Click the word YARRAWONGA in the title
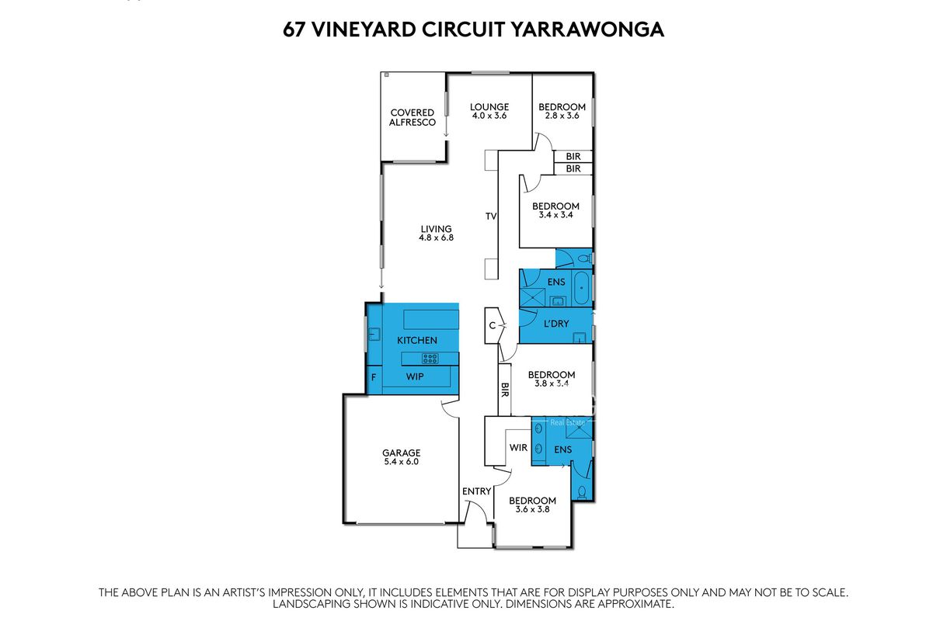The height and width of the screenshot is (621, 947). point(587,29)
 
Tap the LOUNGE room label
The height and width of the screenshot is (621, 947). point(489,107)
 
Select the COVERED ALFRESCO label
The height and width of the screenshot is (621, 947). point(413,117)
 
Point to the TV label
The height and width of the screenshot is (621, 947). point(491,217)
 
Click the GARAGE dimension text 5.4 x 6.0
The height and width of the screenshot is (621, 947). point(401,462)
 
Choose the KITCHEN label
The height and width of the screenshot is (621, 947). point(417,340)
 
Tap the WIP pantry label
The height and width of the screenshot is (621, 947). point(415,376)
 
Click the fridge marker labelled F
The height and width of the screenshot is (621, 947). point(374,377)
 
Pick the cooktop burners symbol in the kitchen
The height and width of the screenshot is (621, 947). point(430,359)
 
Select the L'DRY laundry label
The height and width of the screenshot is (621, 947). point(556,324)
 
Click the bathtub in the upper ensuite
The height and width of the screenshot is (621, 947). point(582,288)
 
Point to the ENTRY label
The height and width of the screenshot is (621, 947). point(476,491)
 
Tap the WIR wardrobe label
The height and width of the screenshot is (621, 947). point(518,447)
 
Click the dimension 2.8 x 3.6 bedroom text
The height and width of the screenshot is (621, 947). point(562,116)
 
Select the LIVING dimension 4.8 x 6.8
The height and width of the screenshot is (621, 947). point(436,238)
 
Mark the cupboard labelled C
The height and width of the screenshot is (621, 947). point(492,326)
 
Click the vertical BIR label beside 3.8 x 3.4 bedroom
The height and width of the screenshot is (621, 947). point(504,390)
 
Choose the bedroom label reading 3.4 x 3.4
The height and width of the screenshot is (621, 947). point(555,214)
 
